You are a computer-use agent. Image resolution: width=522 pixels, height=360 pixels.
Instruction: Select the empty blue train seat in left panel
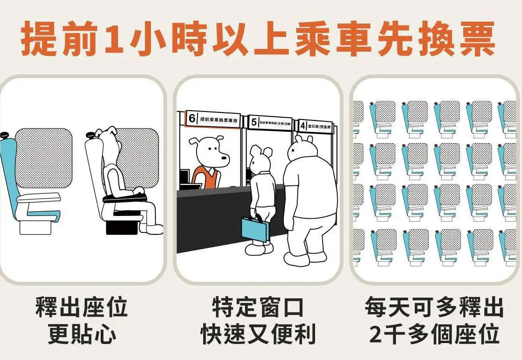coord(28,188)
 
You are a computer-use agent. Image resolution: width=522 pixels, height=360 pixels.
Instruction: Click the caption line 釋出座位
coord(82,308)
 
